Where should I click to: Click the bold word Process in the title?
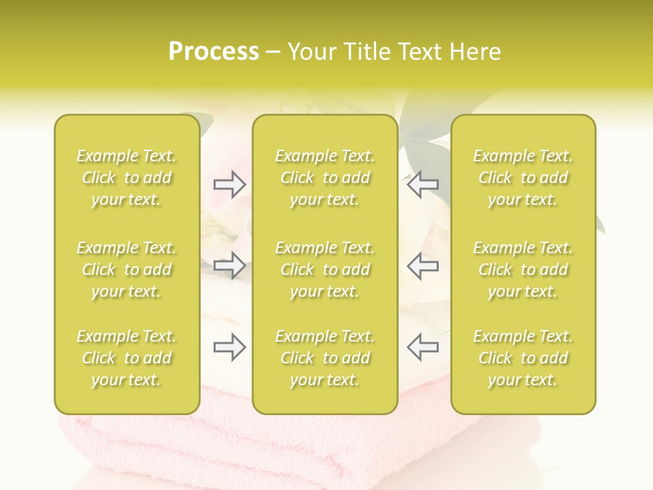coord(214,52)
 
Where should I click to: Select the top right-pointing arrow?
coord(229,184)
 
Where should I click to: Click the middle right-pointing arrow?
coord(229,265)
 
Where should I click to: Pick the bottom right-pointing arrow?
coord(229,347)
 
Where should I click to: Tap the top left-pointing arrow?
coord(422,184)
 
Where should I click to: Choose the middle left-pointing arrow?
coord(422,265)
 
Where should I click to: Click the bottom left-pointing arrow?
coord(422,347)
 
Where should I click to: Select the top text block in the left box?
coord(127,178)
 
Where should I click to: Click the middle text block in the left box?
coord(127,269)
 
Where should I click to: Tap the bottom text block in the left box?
coord(127,358)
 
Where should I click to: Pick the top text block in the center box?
coord(324,178)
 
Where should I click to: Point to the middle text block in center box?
coord(324,269)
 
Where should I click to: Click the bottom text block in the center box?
coord(324,358)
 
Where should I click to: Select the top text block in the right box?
coord(522,178)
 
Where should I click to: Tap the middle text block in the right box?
coord(522,269)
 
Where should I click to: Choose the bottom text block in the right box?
coord(522,358)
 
